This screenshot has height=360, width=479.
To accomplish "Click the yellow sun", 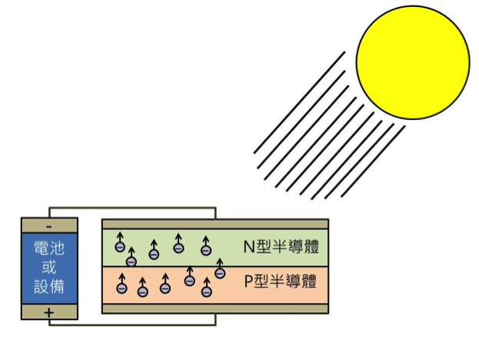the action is coord(413,62).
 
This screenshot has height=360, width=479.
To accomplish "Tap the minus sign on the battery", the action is coord(49,227).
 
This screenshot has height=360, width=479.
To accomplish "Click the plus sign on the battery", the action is coord(49,312).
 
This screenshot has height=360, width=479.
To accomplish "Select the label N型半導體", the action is coord(281,247).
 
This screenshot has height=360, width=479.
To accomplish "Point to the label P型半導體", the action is coord(281,282).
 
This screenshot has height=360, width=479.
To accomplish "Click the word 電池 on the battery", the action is coord(49,248).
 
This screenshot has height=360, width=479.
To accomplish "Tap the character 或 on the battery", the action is coord(49,267).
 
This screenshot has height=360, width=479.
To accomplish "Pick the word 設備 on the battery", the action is coord(49,286).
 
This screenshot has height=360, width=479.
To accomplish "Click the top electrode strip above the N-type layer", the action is coord(215,224).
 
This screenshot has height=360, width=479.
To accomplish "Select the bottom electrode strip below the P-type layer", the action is coord(215,308).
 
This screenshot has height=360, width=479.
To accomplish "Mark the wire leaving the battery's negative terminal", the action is coord(132,208).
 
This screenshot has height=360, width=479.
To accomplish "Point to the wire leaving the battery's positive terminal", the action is coord(132,325).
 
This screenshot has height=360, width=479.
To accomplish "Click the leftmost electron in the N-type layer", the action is coord(120,247).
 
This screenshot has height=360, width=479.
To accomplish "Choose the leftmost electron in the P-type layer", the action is coord(122,288).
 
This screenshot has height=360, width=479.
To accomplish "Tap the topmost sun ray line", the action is coord(299,102).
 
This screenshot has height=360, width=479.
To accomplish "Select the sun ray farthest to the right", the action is coord(373,161).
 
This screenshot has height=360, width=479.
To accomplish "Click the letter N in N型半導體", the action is coord(249,247).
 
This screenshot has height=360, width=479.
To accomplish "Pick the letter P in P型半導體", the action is coord(249,282).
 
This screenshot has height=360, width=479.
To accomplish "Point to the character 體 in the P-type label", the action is coord(309,282).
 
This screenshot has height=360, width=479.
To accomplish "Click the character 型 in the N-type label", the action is coord(263,247).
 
